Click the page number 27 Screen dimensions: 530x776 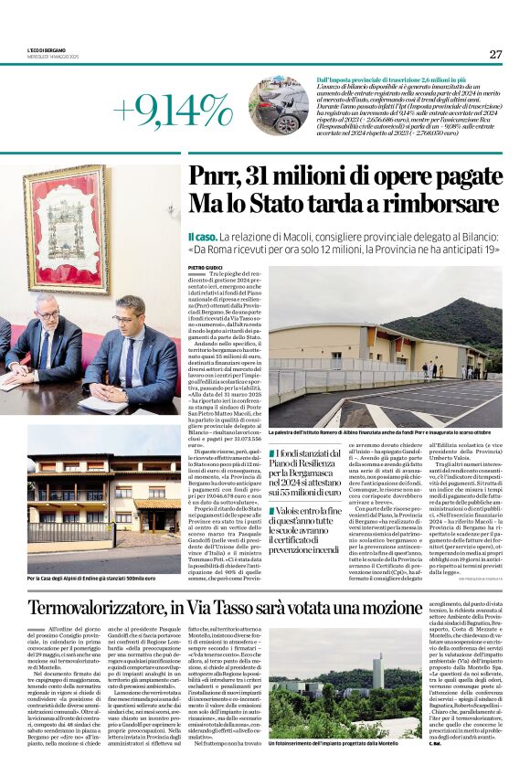pos(495,54)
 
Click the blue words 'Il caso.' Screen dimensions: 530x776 pos(204,237)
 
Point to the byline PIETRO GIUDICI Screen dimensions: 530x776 pos(207,267)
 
